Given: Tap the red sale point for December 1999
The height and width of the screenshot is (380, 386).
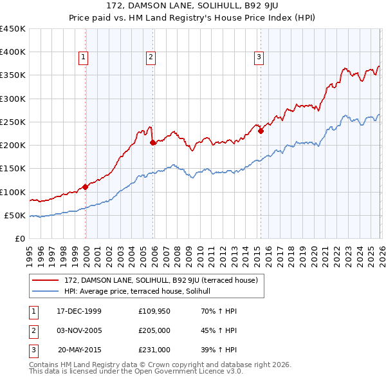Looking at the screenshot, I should tap(86, 187).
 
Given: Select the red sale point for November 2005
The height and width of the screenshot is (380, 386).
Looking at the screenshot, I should tap(152, 143).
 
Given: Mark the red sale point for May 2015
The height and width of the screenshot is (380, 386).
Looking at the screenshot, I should tap(261, 131).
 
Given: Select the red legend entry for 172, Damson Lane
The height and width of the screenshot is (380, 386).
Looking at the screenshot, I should tap(161, 280).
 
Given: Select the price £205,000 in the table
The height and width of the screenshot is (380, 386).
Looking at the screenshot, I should tap(154, 330).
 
